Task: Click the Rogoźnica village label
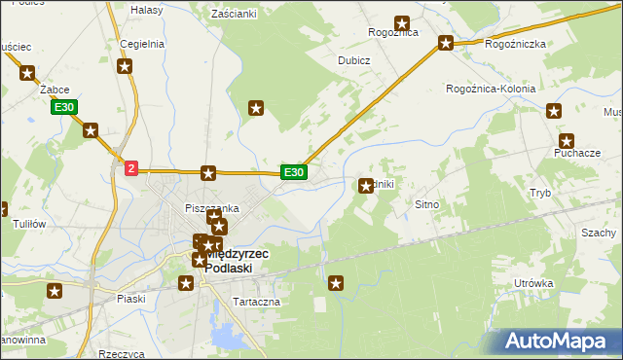(x=393, y=32)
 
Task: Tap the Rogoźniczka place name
(x=515, y=44)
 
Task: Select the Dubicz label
(x=353, y=59)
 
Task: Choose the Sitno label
(x=428, y=205)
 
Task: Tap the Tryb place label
(x=540, y=193)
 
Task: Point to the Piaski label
(x=129, y=299)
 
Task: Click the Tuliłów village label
(x=29, y=223)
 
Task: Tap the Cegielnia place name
(x=141, y=44)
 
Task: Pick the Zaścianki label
(x=234, y=15)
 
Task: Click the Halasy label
(x=146, y=9)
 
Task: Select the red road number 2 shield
(x=131, y=167)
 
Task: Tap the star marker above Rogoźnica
(x=401, y=22)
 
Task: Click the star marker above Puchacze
(x=567, y=141)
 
